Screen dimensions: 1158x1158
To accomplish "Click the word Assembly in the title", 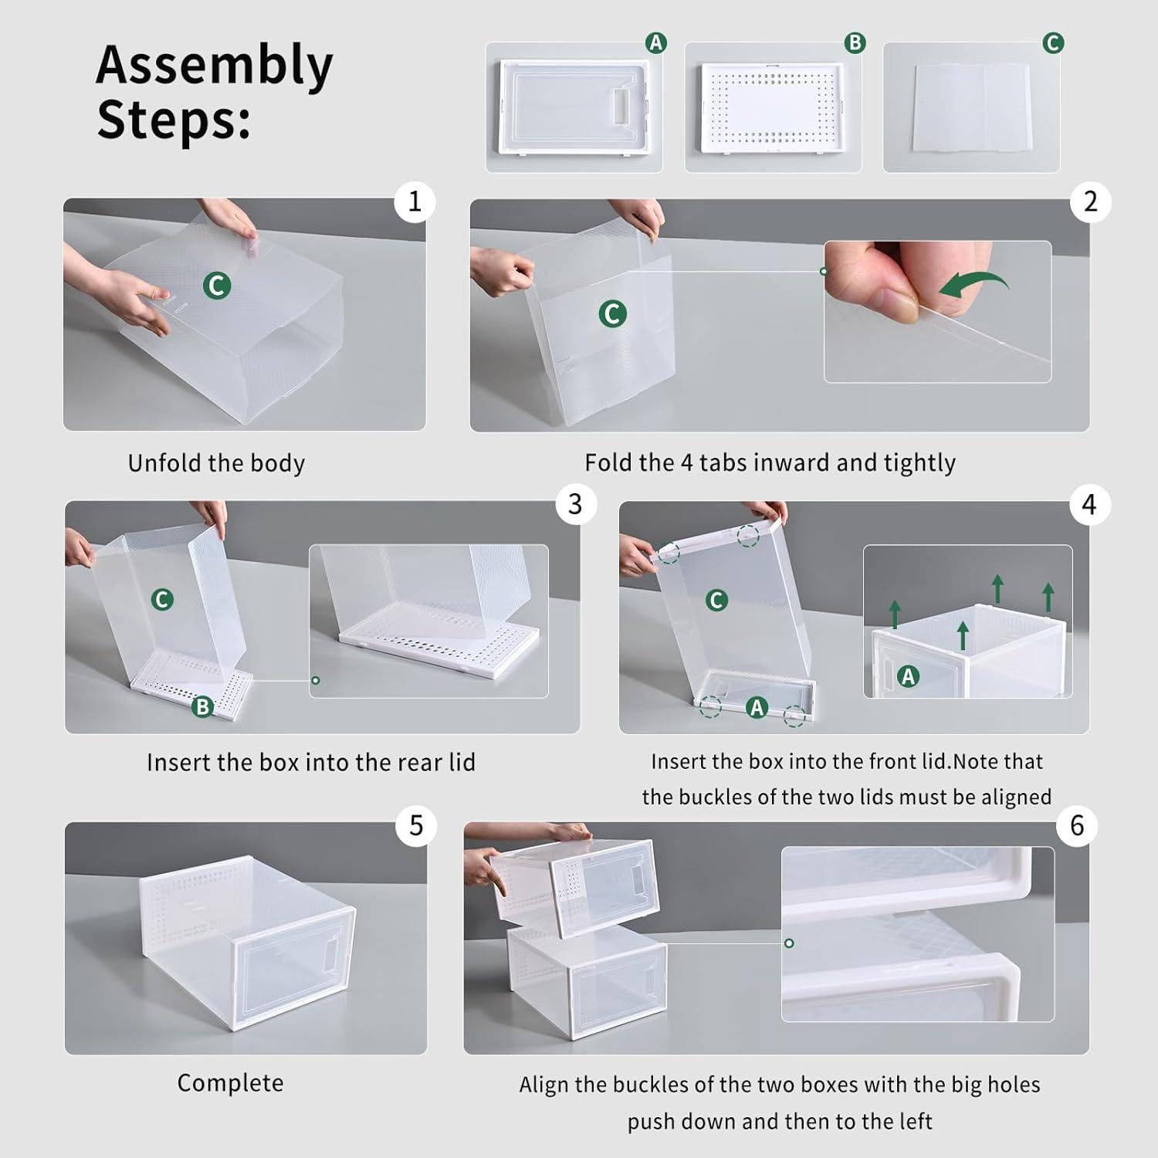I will click(214, 66).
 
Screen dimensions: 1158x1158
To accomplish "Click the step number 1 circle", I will click(415, 201).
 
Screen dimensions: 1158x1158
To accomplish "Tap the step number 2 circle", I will click(1090, 201).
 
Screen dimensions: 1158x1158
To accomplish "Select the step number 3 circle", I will click(575, 504).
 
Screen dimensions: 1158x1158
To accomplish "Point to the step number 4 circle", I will click(1089, 505).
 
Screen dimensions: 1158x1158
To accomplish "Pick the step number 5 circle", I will click(416, 825).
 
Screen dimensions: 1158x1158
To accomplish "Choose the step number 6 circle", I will click(1077, 825).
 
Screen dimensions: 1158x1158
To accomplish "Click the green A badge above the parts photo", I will click(655, 43).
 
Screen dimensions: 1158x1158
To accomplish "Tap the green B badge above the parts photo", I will click(855, 43).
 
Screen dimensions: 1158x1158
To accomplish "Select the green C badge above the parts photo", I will click(1053, 43).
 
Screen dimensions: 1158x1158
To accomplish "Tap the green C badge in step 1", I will click(217, 286).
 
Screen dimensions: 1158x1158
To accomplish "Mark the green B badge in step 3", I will click(202, 706).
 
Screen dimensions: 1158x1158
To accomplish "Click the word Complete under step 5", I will click(230, 1083).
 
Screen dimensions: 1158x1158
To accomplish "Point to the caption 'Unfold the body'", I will click(216, 463).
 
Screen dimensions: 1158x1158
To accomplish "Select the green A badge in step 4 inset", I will click(908, 677).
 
